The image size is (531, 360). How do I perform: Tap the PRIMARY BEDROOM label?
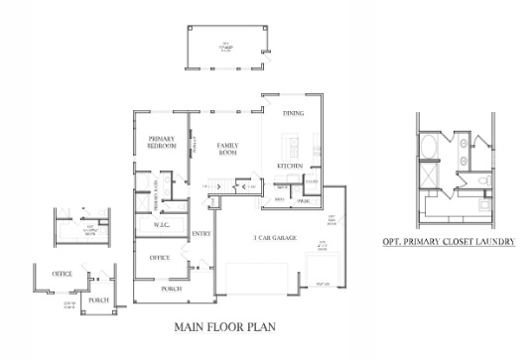[161, 142]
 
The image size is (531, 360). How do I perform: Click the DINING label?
[293, 114]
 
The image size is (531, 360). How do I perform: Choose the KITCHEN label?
[290, 165]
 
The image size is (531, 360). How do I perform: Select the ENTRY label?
[201, 234]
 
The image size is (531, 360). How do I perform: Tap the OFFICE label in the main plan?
[160, 257]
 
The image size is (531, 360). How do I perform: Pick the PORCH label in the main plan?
[171, 290]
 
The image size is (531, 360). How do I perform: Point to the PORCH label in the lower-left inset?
[98, 300]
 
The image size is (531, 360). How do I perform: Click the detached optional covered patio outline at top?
[227, 46]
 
